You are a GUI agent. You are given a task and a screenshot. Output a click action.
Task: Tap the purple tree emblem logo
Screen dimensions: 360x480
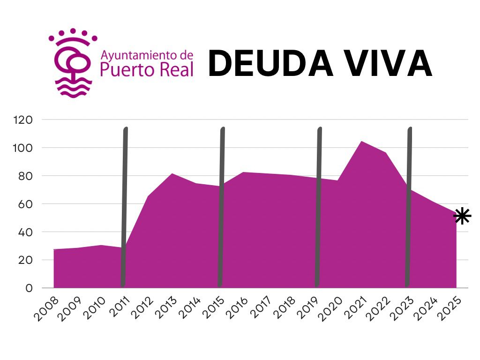pos(73,63)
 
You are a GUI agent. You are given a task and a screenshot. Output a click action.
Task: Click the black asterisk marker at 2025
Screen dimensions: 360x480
pos(462,216)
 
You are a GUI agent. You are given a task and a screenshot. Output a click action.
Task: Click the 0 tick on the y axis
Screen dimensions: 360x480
pos(29,288)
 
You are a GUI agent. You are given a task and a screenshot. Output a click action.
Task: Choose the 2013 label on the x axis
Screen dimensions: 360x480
pos(167,307)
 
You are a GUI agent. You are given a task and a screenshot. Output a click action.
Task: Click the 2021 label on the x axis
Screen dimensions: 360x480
pos(357,307)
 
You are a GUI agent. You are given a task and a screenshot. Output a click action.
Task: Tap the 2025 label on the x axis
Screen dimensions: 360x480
pos(451,307)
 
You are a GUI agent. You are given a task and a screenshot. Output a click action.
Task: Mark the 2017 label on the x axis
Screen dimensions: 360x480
pos(262,307)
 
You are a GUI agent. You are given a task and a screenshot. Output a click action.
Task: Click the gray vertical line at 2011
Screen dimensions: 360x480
pos(124,206)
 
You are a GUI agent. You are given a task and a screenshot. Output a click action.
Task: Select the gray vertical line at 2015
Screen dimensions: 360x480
pos(221,206)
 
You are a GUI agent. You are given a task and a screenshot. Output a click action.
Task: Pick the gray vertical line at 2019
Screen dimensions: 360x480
pos(318,206)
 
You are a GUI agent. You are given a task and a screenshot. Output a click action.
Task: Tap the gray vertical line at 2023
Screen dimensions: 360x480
pos(408,206)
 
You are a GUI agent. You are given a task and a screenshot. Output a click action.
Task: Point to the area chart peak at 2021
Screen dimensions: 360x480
pos(361,142)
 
